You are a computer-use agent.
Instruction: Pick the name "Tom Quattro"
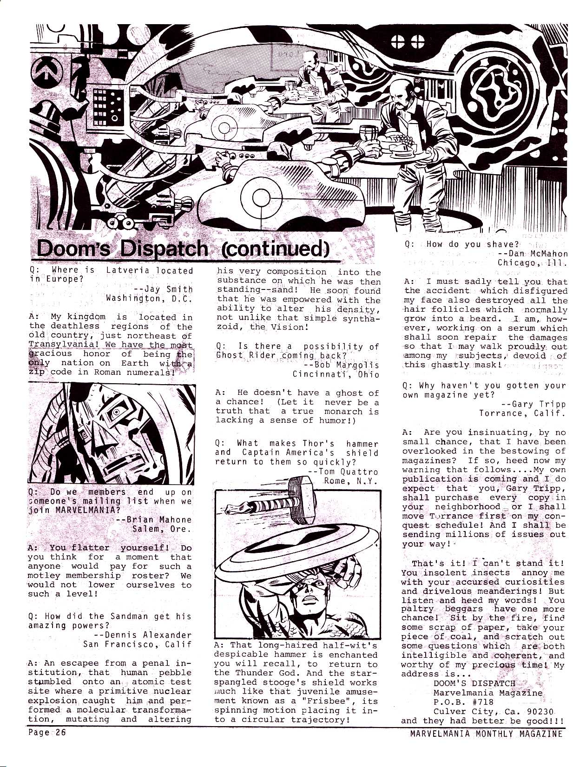pos(348,472)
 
